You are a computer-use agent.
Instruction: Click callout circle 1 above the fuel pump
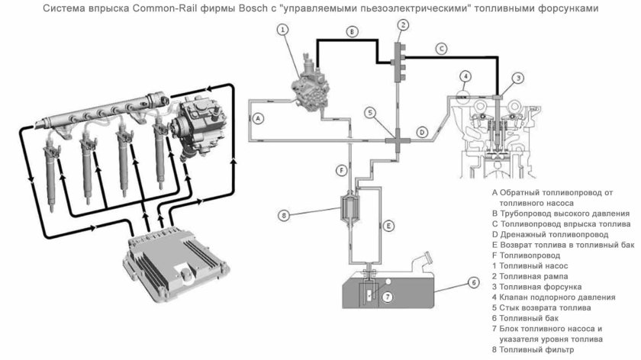tap(282, 30)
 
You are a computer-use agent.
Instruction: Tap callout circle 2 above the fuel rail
tap(403, 24)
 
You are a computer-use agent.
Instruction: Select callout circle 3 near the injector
tap(518, 78)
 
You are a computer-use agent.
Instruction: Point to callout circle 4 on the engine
tap(465, 76)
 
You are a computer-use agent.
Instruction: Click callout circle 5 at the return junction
tap(370, 113)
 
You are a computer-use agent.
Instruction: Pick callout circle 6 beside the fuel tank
tap(473, 282)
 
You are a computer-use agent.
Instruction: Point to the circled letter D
tap(421, 131)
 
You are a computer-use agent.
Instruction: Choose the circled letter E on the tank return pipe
tap(388, 226)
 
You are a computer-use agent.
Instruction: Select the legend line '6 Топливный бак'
tap(530, 317)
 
